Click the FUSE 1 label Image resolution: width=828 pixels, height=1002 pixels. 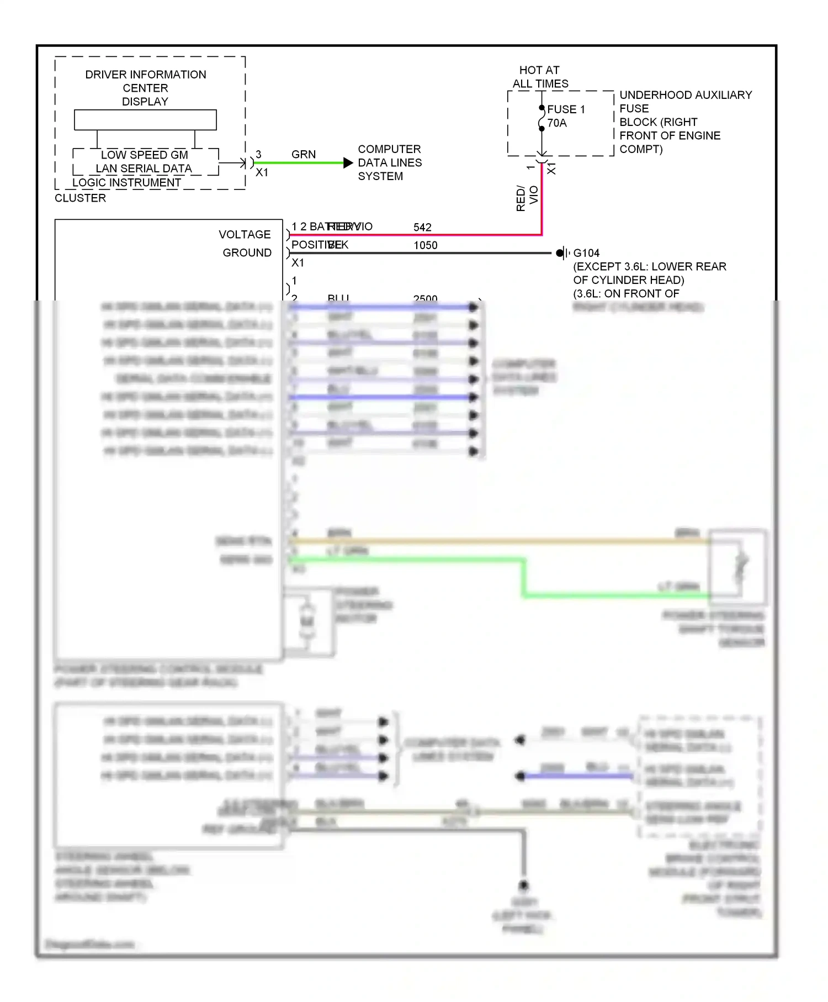[566, 109]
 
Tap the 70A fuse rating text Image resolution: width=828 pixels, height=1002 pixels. [557, 123]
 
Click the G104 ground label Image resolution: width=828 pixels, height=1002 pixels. [586, 253]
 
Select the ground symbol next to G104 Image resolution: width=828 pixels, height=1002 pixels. [562, 253]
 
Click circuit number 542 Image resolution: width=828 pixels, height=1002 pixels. [422, 228]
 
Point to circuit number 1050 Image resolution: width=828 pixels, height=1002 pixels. [426, 245]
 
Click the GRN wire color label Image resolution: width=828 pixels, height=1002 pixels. [304, 155]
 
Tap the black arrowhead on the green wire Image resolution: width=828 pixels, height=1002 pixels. [348, 163]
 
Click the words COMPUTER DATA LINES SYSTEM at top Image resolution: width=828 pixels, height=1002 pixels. [389, 163]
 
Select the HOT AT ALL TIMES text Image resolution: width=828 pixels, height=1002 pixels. [540, 77]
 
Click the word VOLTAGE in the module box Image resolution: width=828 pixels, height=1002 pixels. [245, 235]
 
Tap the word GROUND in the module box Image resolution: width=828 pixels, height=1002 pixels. [247, 253]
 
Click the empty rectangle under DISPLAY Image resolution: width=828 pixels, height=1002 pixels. [145, 120]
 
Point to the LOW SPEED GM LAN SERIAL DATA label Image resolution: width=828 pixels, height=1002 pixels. [144, 162]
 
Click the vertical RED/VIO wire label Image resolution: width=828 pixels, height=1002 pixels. [527, 198]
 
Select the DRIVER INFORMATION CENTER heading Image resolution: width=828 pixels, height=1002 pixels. [145, 81]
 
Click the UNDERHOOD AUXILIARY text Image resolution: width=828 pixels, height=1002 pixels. [686, 95]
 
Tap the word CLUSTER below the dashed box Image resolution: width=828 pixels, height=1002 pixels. [80, 198]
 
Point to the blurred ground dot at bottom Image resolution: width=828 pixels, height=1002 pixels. [523, 885]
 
